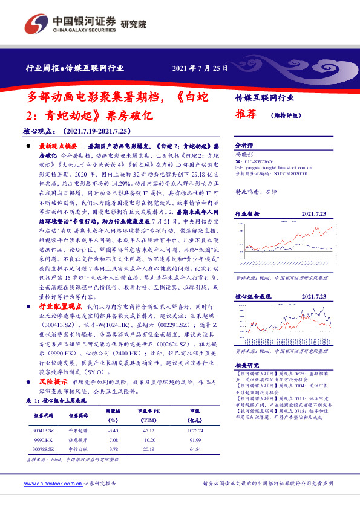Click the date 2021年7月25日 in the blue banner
coord(200,68)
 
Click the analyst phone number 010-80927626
coord(258,162)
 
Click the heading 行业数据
coord(247,214)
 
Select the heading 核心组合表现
coord(251,296)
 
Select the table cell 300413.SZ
coord(44,429)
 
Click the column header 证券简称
coord(79,416)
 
